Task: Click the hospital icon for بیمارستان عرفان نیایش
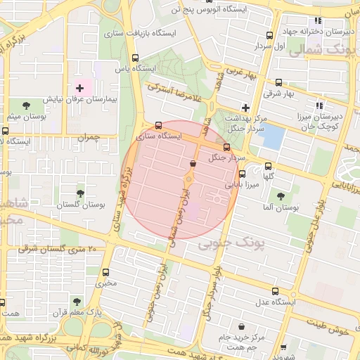click(x=79, y=89)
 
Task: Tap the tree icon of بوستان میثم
click(x=26, y=105)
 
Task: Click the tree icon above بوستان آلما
click(x=281, y=196)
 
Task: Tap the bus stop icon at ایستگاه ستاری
click(x=158, y=127)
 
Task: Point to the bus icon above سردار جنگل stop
click(x=226, y=148)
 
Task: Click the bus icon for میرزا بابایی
click(x=243, y=174)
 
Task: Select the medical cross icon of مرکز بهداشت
click(x=245, y=108)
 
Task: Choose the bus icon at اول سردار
click(x=270, y=36)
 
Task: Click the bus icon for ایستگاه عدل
click(x=275, y=291)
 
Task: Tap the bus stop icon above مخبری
click(x=106, y=272)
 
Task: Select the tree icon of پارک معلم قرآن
click(x=98, y=299)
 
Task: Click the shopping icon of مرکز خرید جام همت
click(x=243, y=327)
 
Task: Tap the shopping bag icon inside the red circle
click(x=193, y=164)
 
